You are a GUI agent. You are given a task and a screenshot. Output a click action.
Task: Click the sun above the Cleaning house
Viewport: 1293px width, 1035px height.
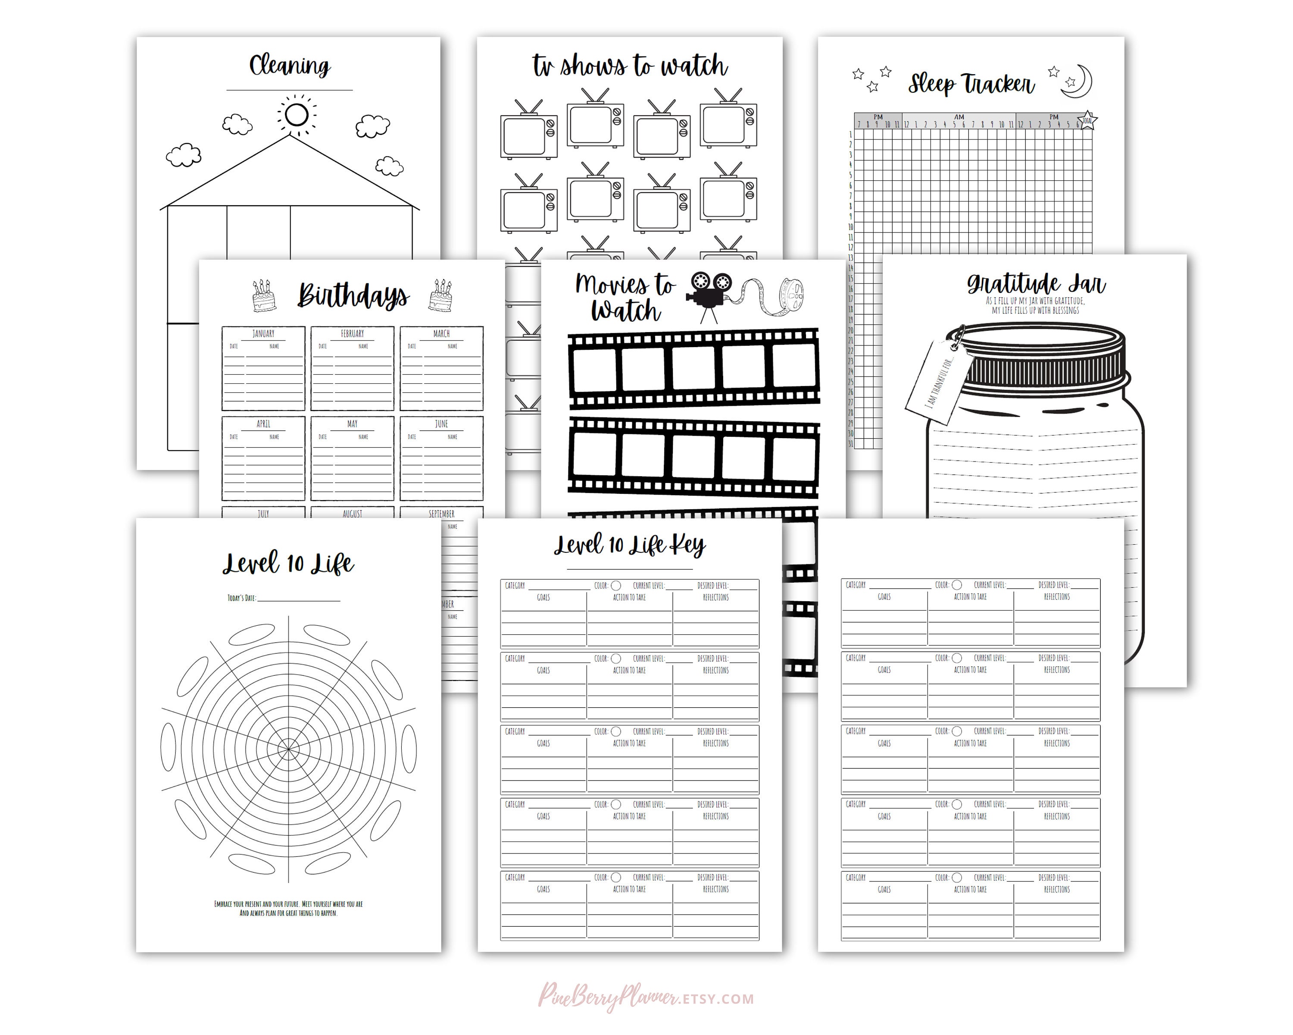[x=296, y=114]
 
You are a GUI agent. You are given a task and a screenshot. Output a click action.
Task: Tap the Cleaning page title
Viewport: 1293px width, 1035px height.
[x=290, y=66]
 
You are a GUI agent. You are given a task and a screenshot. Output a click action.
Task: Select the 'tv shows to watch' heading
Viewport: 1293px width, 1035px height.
[x=630, y=66]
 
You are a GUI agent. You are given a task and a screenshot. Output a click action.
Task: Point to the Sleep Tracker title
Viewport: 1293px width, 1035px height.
[x=971, y=84]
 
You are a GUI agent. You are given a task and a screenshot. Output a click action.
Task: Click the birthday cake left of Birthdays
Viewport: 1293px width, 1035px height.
[x=264, y=295]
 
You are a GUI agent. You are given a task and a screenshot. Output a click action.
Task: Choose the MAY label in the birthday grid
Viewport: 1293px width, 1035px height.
[x=352, y=423]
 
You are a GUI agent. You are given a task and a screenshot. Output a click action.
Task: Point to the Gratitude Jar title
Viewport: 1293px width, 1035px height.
[x=1036, y=283]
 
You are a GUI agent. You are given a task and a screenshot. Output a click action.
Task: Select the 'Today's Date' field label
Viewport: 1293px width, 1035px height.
[x=242, y=598]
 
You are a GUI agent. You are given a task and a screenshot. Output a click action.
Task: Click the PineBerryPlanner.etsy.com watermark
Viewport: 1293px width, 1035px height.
[x=646, y=998]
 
